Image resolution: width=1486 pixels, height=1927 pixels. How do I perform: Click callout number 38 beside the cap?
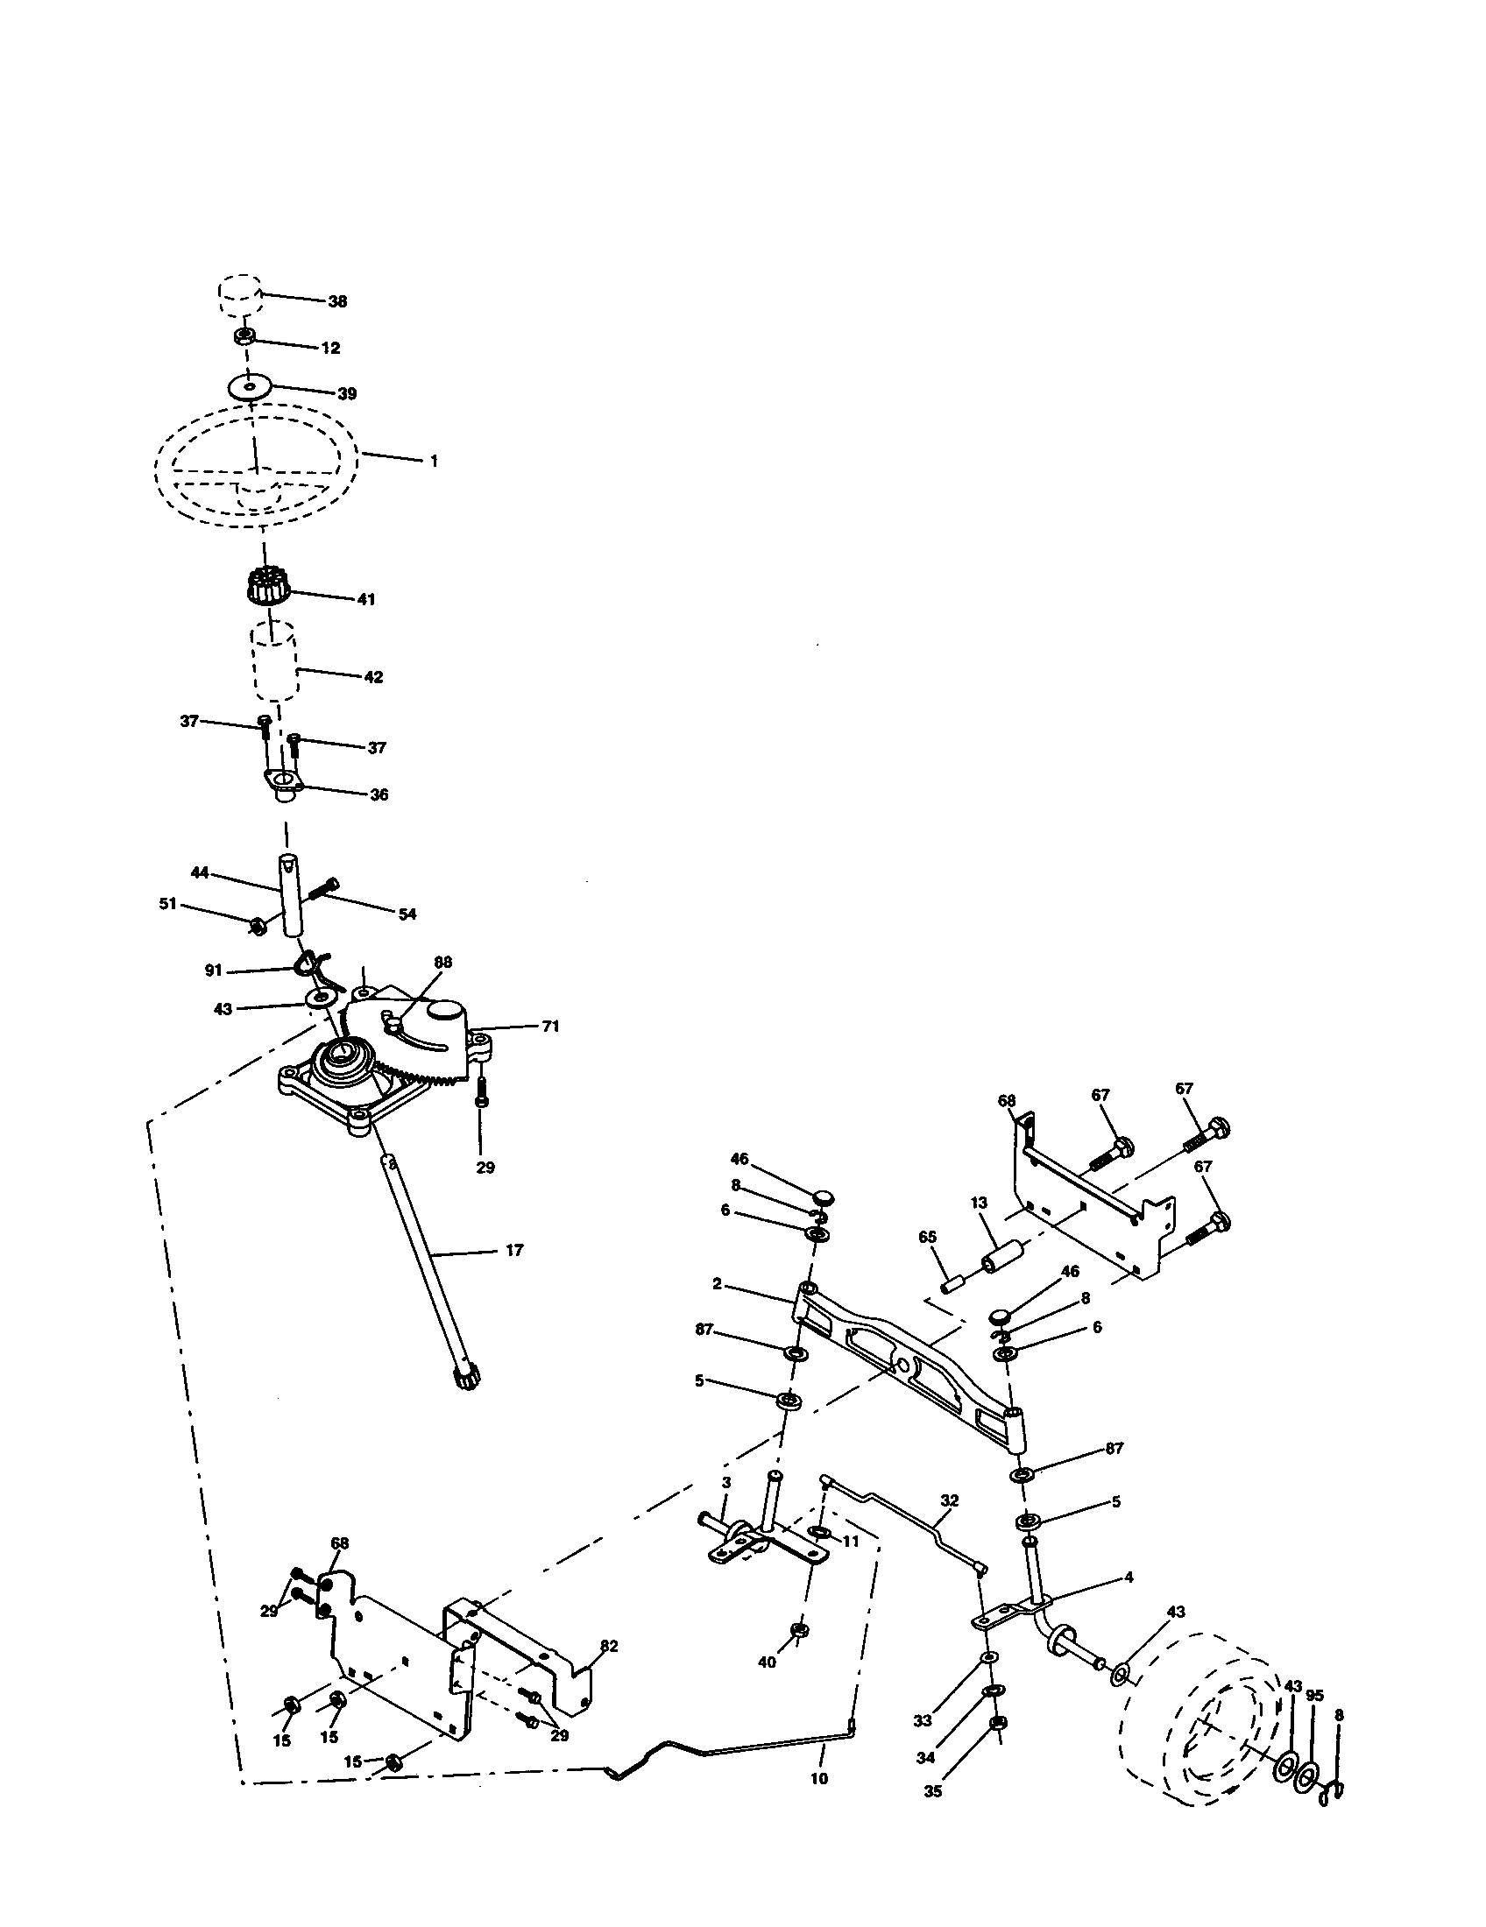[337, 302]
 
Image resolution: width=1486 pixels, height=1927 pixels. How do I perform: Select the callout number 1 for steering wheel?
[433, 461]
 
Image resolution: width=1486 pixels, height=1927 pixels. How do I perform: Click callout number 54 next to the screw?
[407, 914]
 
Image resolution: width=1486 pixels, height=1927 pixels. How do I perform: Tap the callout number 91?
[214, 970]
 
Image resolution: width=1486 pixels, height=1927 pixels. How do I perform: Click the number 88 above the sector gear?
[443, 962]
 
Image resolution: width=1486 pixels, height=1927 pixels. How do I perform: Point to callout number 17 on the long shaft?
[513, 1249]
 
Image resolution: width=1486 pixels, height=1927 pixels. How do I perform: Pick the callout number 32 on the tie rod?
[950, 1500]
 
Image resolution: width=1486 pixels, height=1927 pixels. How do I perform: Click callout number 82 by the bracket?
[609, 1646]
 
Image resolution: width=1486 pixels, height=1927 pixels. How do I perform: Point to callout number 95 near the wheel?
[1315, 1695]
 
